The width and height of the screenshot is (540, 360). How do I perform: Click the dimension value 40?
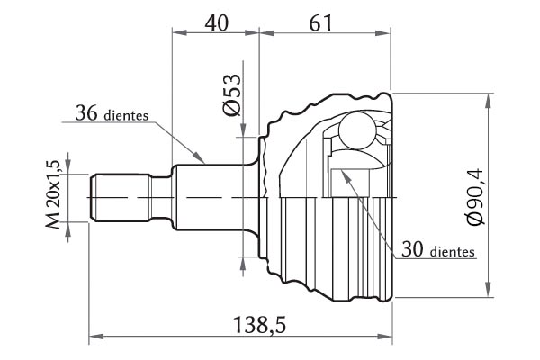[216, 23]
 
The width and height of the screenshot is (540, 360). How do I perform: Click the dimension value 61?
[320, 23]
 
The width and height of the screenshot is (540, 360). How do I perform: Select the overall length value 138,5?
[259, 325]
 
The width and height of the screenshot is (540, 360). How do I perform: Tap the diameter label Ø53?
[232, 94]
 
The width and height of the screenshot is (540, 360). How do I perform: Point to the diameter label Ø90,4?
[475, 196]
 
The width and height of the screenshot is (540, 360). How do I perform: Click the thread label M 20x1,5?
[53, 194]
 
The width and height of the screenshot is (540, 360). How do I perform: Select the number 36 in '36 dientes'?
[86, 112]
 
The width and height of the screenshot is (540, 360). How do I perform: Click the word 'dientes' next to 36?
[126, 115]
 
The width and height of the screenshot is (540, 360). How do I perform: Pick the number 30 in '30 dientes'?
[412, 249]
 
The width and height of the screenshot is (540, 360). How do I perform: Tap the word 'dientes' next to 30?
[452, 252]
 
